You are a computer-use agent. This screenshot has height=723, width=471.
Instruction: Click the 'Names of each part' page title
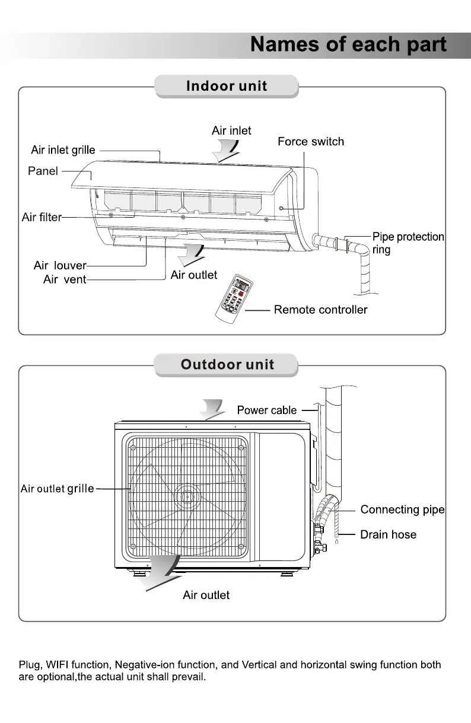pos(348,45)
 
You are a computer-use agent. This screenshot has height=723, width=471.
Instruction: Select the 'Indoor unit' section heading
pos(227,86)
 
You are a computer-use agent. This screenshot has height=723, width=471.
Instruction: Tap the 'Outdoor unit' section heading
pos(227,364)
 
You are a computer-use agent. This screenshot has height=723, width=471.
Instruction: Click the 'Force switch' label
pos(310,142)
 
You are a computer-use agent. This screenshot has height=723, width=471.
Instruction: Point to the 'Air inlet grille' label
pos(63,150)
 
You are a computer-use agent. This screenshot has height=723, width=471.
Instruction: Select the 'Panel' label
pos(43,171)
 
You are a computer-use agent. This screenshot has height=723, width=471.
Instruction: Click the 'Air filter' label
pos(42,217)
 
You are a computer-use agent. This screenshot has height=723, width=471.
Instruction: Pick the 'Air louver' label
pos(60,266)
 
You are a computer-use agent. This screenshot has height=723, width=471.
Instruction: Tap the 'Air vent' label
pos(65,279)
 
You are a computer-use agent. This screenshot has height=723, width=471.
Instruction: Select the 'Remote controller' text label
pos(320,310)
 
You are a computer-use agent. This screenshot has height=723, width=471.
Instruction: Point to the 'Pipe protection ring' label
pos(408,243)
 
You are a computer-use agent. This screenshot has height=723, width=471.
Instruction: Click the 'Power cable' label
pos(266,410)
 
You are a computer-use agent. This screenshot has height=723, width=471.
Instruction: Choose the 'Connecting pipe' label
pos(402,509)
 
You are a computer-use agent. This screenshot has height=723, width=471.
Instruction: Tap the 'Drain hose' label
pos(388,534)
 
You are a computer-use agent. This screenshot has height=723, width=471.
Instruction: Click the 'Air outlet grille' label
pos(58,489)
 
